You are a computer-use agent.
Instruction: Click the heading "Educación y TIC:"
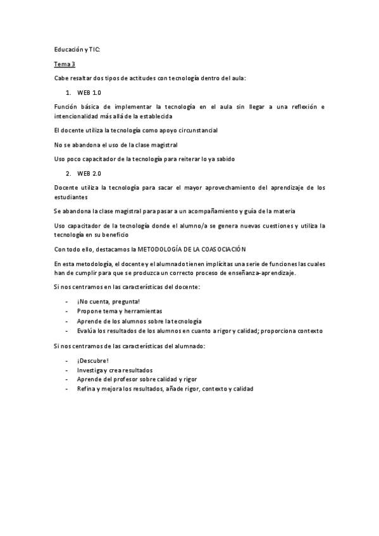tap(77, 49)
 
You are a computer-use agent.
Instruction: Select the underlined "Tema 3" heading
tap(64, 63)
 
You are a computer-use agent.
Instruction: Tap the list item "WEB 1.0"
tap(89, 92)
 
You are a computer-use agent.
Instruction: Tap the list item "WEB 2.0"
tap(89, 173)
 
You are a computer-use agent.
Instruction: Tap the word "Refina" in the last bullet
tap(87, 389)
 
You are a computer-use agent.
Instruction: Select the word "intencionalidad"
tap(77, 116)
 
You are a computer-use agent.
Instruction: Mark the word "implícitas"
tap(235, 263)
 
